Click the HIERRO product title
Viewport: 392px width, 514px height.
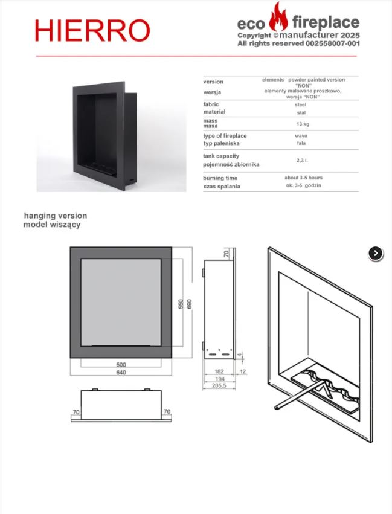click(x=92, y=30)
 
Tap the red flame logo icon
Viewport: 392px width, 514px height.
click(x=278, y=17)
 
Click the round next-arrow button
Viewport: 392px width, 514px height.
click(x=376, y=254)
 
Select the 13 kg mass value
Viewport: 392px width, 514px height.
click(x=303, y=124)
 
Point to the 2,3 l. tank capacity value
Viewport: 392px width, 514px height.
click(x=302, y=160)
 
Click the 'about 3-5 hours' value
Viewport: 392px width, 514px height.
click(x=303, y=178)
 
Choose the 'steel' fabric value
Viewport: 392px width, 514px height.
click(x=300, y=104)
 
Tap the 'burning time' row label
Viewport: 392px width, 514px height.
click(x=220, y=178)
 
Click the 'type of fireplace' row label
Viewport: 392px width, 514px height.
click(x=225, y=136)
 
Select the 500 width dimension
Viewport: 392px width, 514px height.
click(x=121, y=365)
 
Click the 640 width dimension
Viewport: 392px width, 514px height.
click(x=121, y=373)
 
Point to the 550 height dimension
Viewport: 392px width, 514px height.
click(x=181, y=304)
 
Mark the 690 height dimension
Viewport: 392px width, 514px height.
click(x=189, y=304)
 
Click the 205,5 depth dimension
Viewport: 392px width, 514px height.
click(x=219, y=385)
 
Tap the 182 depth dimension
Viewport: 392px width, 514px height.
click(x=219, y=371)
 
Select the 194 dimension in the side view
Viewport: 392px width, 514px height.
click(x=219, y=379)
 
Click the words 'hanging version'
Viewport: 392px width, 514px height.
click(x=56, y=216)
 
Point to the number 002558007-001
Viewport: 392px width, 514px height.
click(x=333, y=43)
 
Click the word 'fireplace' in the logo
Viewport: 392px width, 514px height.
click(x=326, y=23)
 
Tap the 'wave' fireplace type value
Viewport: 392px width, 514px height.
click(x=301, y=135)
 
